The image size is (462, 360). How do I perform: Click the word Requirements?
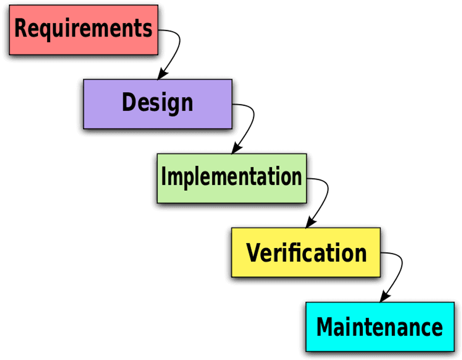[83, 29]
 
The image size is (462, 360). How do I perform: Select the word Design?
[158, 103]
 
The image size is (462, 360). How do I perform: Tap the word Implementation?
[232, 177]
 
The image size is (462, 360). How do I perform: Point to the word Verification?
[306, 253]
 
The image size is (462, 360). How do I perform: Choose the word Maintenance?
[379, 327]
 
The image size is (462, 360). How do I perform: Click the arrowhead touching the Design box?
[162, 74]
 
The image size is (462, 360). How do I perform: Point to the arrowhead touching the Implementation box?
[236, 148]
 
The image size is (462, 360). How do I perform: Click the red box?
[83, 30]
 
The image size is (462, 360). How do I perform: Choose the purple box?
[158, 104]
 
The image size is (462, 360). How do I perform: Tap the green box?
[232, 178]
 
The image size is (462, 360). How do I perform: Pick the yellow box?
[306, 252]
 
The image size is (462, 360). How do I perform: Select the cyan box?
[380, 327]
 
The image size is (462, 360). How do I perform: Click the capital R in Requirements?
[21, 28]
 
